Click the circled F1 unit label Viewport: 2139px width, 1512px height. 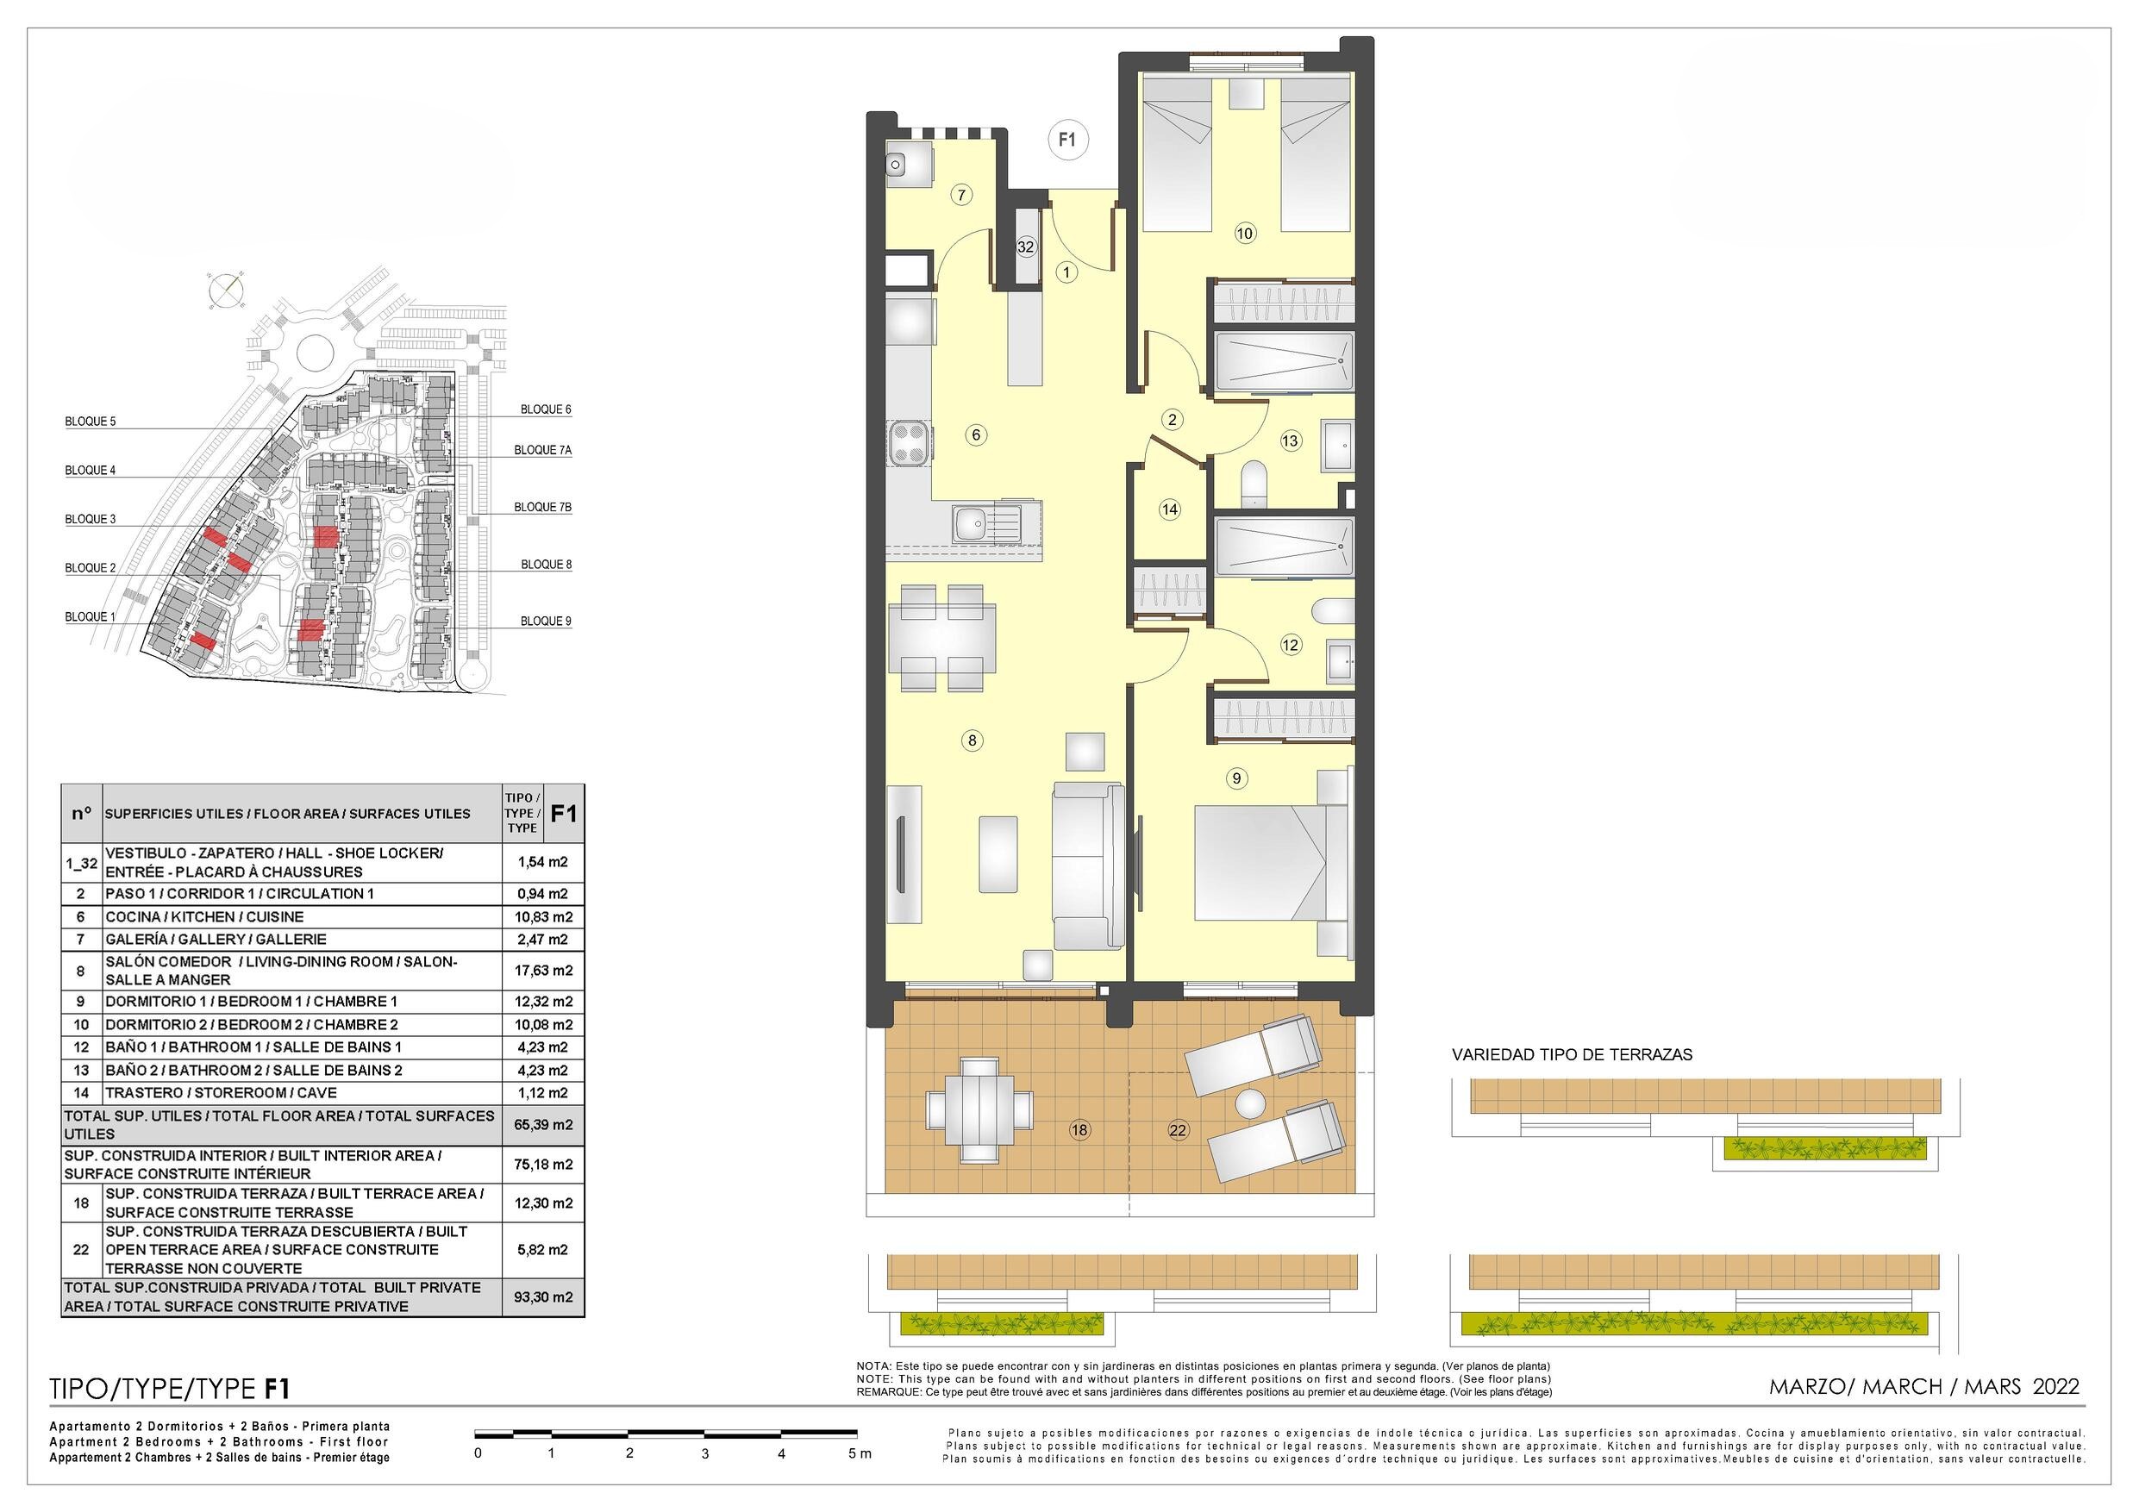tap(1067, 140)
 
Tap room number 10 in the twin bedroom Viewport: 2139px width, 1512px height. tap(1245, 234)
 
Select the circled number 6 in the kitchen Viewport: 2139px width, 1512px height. tap(975, 434)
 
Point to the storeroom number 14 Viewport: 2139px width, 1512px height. tap(1170, 509)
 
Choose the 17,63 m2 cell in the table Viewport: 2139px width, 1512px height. tap(543, 970)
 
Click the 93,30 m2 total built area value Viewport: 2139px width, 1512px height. tap(543, 1296)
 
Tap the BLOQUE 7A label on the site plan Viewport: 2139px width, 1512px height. tap(542, 450)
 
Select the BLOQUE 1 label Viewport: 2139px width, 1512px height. tap(91, 616)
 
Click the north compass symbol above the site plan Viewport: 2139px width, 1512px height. tap(227, 289)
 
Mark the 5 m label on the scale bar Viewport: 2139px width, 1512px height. tap(859, 1453)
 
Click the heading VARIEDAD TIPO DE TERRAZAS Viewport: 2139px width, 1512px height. tap(1572, 1054)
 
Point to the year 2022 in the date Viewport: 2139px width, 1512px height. tap(2056, 1386)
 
